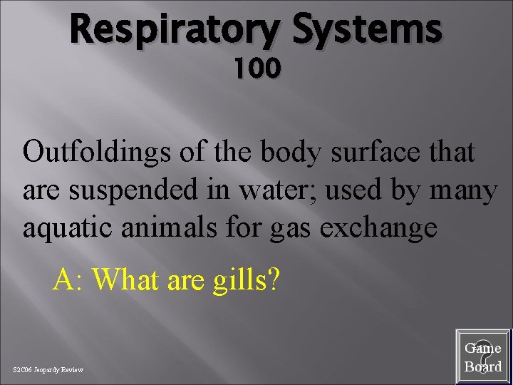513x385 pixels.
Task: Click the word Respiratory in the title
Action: tap(176, 31)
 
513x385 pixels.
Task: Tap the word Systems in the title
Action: tap(367, 31)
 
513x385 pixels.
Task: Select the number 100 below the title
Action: tap(256, 69)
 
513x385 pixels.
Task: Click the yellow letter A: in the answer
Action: tap(68, 281)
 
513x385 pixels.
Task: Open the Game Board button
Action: tap(483, 356)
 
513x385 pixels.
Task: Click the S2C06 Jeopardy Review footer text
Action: tap(48, 369)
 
